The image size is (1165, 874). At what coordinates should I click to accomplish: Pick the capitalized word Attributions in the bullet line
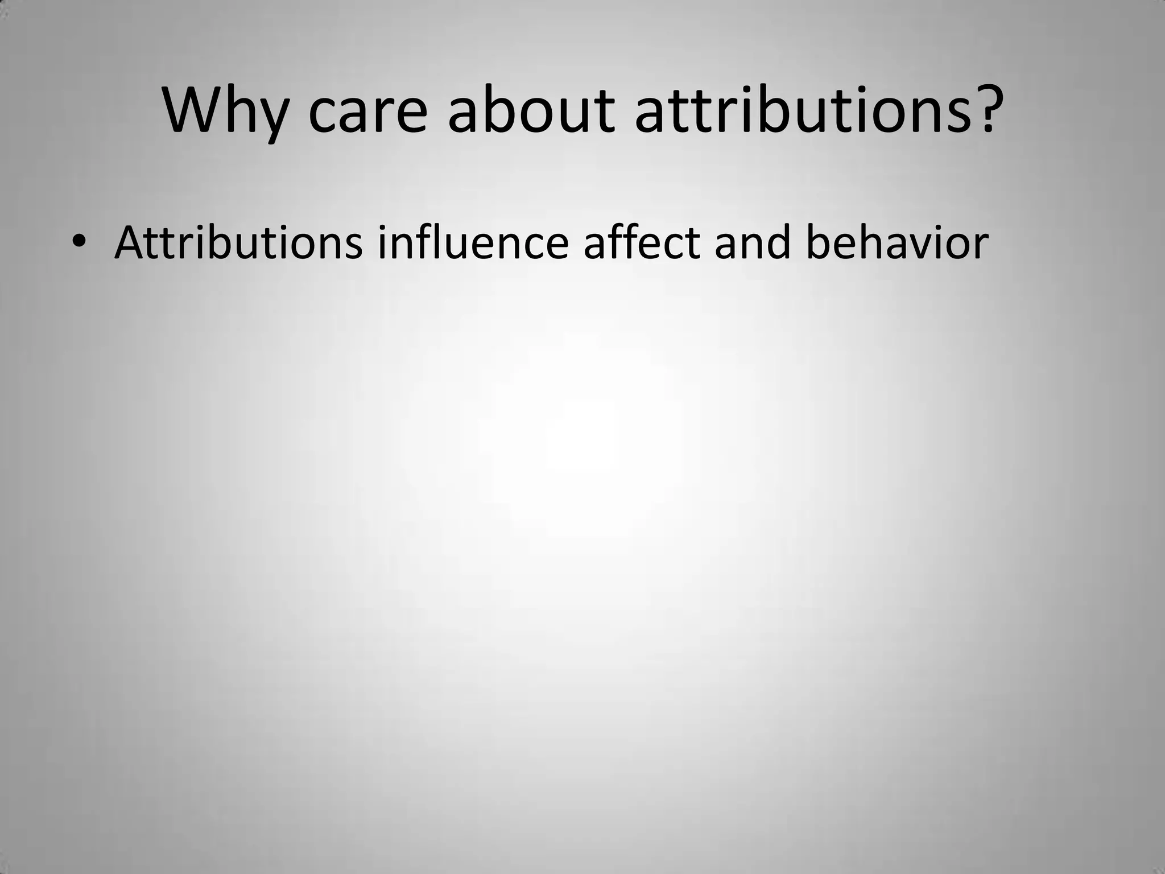click(x=238, y=242)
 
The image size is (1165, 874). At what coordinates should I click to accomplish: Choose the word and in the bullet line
click(x=753, y=242)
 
